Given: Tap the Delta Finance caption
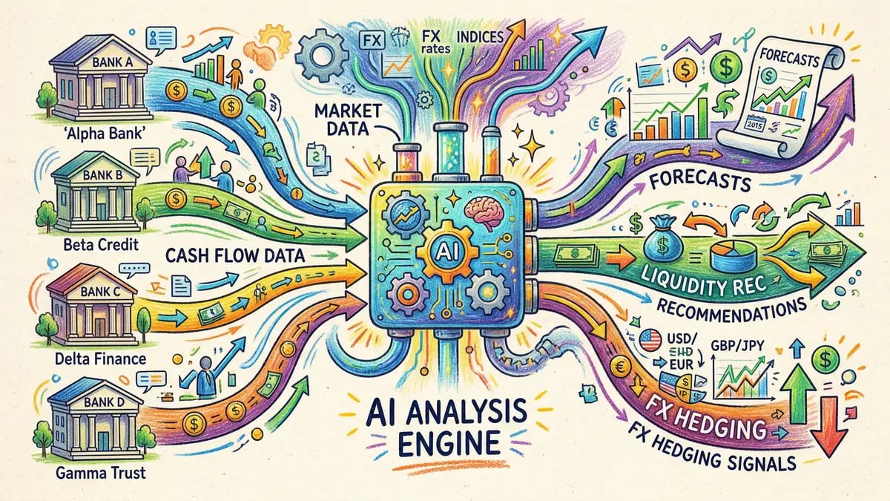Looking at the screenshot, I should coord(91,359).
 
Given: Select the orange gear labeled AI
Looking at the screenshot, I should coord(441,249).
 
